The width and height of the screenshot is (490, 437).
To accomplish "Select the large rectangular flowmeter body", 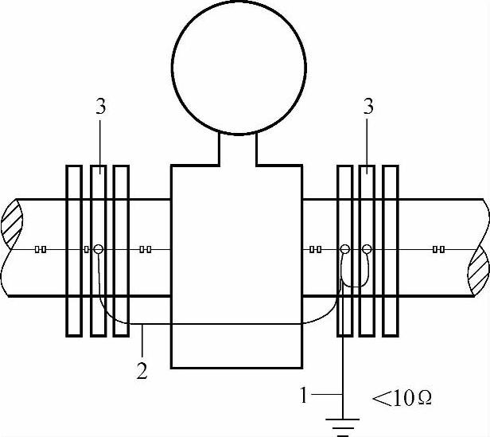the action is coord(237,318).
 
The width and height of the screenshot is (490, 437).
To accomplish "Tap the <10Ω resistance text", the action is coord(402,395).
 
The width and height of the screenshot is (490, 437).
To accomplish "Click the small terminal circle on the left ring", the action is coord(99,249).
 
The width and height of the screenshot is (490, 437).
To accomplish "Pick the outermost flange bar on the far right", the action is coord(390,250).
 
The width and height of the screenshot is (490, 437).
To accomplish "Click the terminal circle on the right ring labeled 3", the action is coord(367,249).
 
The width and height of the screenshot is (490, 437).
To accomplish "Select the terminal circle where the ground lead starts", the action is coord(344,249).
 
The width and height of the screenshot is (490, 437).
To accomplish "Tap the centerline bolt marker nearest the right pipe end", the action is coord(438,249).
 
